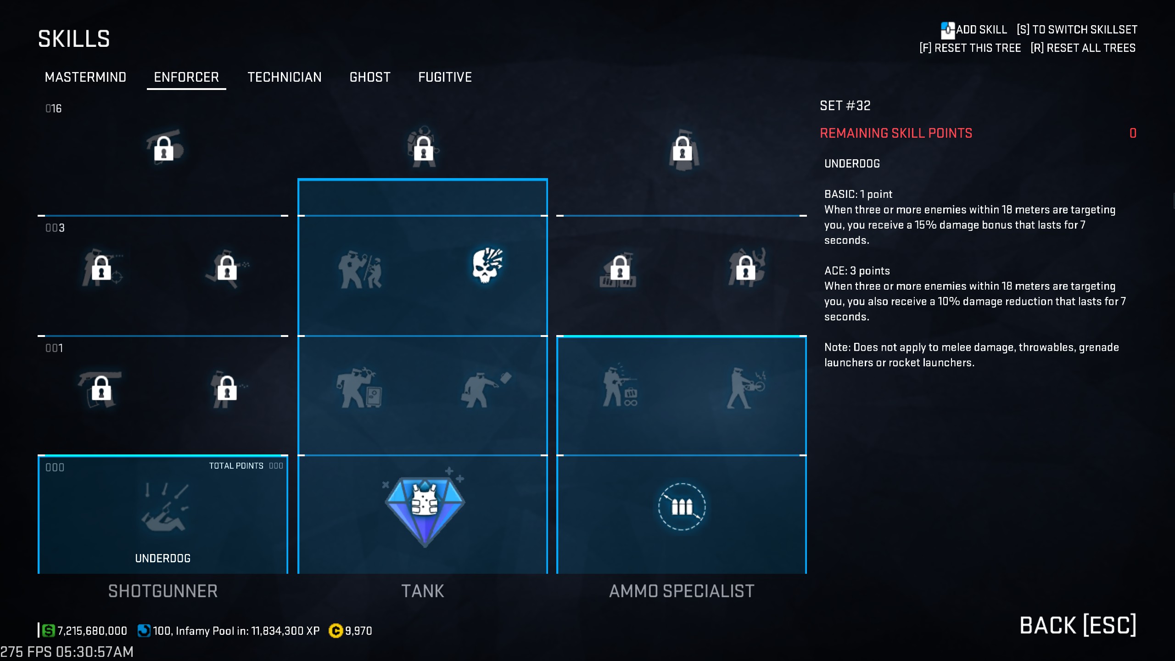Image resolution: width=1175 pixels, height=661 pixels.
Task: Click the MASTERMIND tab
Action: pos(85,77)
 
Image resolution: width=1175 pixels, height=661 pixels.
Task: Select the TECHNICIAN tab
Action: pos(285,77)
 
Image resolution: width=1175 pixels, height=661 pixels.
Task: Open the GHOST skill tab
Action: pos(370,77)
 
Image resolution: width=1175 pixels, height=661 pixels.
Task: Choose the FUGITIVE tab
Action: pos(445,77)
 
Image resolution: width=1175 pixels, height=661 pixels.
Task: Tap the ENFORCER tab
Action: pos(186,77)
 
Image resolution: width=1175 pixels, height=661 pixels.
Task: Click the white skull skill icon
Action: pos(487,265)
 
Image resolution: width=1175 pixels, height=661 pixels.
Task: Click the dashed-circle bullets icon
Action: pos(682,507)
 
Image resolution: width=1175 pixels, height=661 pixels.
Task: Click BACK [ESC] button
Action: pos(1078,625)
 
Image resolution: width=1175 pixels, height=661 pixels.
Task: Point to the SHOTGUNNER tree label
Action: pos(163,591)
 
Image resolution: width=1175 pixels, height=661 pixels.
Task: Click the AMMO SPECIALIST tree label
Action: pos(682,591)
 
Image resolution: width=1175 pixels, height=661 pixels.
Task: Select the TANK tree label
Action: pos(423,591)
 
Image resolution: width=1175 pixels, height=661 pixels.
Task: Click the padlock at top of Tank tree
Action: pos(423,148)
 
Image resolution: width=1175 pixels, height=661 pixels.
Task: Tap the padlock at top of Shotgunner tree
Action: pos(164,148)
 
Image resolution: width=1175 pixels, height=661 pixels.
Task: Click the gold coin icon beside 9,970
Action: pos(336,631)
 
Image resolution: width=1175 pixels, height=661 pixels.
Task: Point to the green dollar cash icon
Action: pos(48,631)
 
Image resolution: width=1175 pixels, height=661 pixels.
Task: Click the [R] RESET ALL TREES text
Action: pos(1083,48)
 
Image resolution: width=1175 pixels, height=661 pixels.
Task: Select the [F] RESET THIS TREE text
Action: pos(970,48)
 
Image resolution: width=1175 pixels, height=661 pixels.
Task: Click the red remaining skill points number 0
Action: pos(1133,133)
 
